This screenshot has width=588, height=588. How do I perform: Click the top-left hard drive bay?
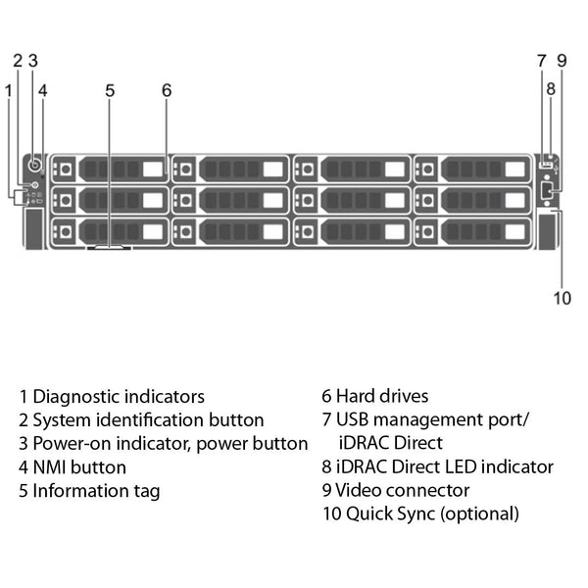(108, 170)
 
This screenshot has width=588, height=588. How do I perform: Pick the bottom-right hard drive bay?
(472, 231)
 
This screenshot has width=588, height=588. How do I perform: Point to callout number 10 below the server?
(561, 298)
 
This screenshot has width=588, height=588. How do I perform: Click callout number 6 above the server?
(167, 90)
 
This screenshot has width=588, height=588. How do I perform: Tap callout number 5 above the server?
(110, 90)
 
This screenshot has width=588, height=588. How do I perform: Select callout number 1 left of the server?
(9, 90)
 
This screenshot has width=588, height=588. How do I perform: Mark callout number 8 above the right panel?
(551, 88)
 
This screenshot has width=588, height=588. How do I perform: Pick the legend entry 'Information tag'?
(96, 491)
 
